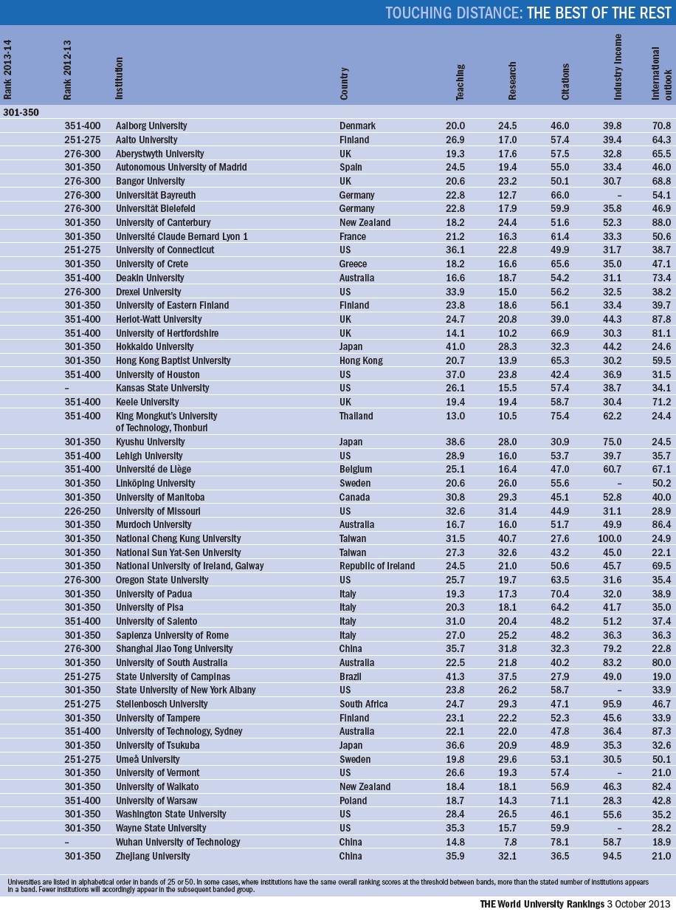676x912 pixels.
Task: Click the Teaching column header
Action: point(460,87)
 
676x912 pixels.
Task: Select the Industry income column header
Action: point(618,67)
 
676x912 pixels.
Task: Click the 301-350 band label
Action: point(21,112)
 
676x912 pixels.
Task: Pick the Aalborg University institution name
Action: point(151,126)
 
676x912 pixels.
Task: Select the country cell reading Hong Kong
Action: point(359,360)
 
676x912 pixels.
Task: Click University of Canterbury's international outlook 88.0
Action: point(661,222)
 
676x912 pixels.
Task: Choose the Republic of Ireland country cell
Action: point(377,566)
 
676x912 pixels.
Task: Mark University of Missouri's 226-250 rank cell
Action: point(80,511)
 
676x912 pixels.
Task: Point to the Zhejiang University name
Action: point(153,856)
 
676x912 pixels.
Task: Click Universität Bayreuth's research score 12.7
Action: point(507,195)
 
